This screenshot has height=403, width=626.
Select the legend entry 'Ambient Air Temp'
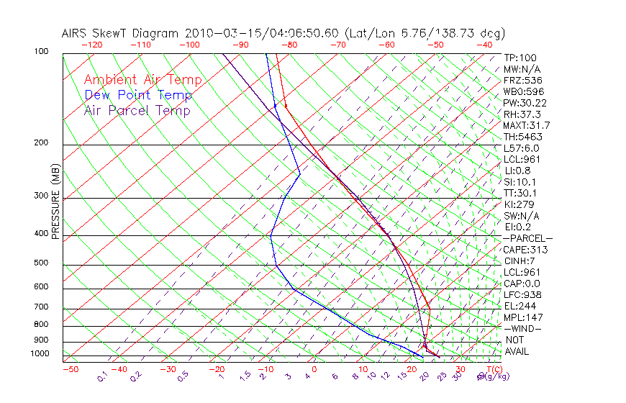point(142,80)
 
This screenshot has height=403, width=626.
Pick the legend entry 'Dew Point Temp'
point(138,95)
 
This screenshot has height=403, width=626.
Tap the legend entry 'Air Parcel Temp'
point(137,111)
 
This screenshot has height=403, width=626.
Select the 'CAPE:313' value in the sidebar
point(523,250)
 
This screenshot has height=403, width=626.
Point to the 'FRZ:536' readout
point(520,81)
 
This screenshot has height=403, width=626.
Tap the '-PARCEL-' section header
point(527,238)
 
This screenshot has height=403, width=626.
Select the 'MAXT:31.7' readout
point(525,125)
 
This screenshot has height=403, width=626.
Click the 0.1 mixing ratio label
point(103,376)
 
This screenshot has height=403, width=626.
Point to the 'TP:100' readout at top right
point(519,58)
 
